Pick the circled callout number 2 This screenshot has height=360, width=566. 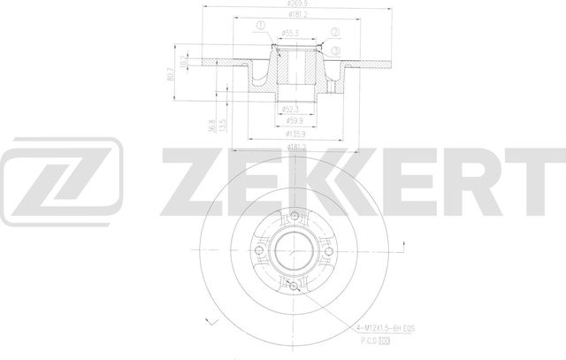336,36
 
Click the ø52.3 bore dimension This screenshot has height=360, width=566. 291,110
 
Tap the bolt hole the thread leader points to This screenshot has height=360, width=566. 293,285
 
